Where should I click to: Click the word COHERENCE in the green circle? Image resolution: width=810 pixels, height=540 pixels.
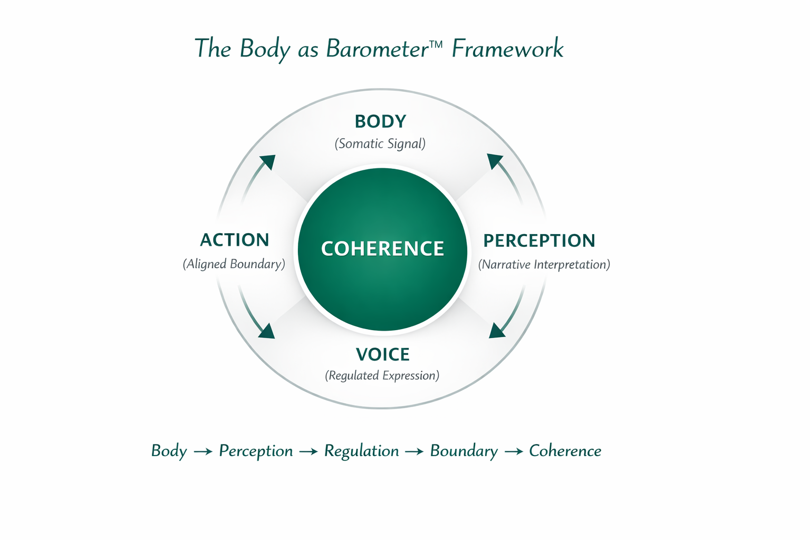pyautogui.click(x=382, y=248)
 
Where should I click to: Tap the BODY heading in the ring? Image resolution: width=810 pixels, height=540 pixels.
pyautogui.click(x=380, y=121)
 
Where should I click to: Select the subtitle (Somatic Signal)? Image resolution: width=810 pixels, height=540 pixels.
pyautogui.click(x=380, y=144)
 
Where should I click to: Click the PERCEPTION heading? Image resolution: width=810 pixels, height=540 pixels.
pyautogui.click(x=539, y=240)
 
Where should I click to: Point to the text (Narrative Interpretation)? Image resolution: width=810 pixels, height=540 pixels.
pyautogui.click(x=544, y=264)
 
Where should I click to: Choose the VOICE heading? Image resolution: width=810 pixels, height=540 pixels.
pyautogui.click(x=382, y=354)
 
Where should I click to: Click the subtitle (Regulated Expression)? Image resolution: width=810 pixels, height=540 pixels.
pyautogui.click(x=382, y=375)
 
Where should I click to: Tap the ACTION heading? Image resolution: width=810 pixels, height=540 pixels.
pyautogui.click(x=235, y=240)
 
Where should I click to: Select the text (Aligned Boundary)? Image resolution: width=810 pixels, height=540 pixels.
pyautogui.click(x=234, y=264)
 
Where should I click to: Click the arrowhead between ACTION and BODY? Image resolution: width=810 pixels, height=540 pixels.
pyautogui.click(x=268, y=161)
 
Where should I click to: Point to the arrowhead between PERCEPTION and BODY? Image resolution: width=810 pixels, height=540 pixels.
pyautogui.click(x=494, y=160)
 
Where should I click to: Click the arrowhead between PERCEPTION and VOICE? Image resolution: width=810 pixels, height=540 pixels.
pyautogui.click(x=496, y=331)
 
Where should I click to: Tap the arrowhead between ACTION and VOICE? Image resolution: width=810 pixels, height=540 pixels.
pyautogui.click(x=267, y=331)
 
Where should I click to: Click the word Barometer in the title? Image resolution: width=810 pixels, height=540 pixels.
pyautogui.click(x=377, y=49)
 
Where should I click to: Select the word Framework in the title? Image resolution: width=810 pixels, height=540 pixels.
pyautogui.click(x=507, y=49)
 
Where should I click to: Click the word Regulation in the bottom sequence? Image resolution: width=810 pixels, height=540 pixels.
pyautogui.click(x=361, y=451)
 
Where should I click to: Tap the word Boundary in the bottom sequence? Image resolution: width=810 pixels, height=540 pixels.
pyautogui.click(x=464, y=451)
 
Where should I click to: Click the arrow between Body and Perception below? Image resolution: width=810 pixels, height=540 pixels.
pyautogui.click(x=203, y=452)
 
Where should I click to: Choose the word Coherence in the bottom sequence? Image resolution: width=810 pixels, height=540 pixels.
pyautogui.click(x=565, y=451)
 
